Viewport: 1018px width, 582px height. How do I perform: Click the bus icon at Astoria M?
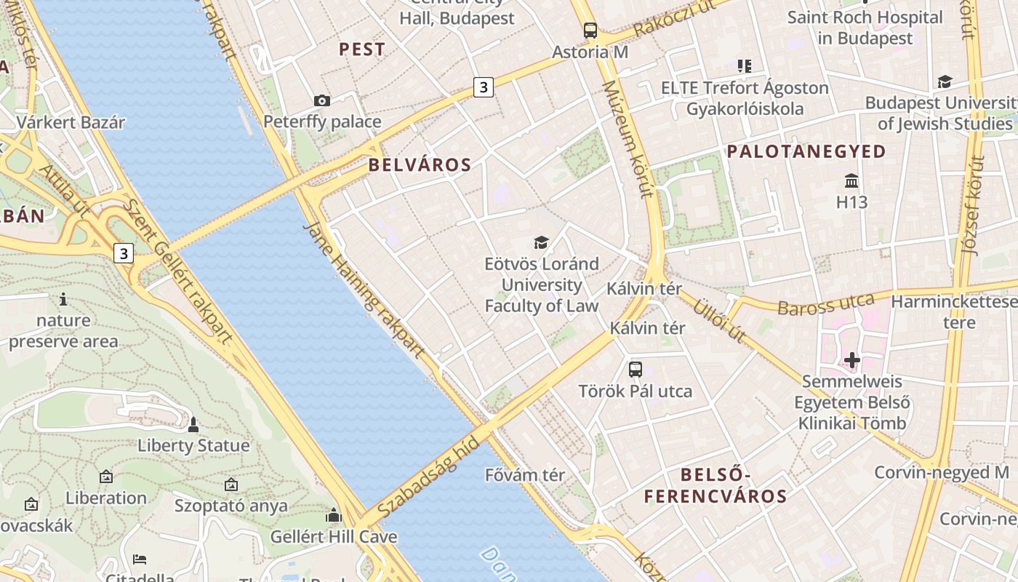[590, 31]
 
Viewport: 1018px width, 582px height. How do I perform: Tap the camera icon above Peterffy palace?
[321, 100]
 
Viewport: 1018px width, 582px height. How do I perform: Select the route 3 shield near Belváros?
[483, 87]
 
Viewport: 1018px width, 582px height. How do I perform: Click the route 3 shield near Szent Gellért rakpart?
[124, 253]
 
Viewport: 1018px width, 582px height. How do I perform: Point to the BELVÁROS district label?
[420, 164]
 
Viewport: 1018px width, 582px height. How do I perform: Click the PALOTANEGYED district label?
[806, 151]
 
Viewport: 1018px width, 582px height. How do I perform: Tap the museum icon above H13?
[851, 180]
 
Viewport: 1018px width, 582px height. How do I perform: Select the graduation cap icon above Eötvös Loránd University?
[541, 242]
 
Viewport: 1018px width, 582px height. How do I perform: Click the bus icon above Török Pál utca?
[635, 369]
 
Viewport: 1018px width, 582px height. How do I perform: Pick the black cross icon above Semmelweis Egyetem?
[851, 359]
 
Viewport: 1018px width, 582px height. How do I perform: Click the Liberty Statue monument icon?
[193, 423]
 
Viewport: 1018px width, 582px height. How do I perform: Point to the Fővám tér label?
[525, 475]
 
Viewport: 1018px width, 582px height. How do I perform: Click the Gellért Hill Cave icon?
[334, 515]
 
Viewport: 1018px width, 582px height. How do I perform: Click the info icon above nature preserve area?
[63, 298]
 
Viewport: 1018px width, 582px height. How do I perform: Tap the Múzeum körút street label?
[625, 138]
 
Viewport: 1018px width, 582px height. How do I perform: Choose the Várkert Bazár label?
[71, 122]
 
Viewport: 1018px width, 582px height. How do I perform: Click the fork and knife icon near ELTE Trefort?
[744, 66]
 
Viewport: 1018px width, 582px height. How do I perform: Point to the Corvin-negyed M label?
[941, 472]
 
